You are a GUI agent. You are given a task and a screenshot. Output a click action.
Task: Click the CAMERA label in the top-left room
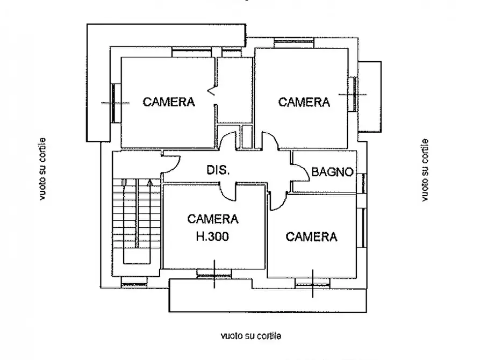(x=169, y=102)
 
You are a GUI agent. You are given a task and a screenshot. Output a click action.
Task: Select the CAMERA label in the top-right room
(x=304, y=102)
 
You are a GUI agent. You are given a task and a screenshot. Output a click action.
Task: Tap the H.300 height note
(x=213, y=236)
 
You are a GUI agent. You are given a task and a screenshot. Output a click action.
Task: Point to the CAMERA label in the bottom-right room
(x=311, y=237)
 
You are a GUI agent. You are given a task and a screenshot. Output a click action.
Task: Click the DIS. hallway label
(x=218, y=171)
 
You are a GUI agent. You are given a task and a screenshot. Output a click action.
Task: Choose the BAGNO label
(x=333, y=172)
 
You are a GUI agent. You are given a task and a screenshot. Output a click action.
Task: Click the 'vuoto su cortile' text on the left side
(x=42, y=169)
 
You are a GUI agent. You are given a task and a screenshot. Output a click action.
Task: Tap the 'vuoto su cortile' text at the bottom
(x=250, y=336)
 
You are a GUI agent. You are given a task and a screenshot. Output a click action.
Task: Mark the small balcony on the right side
(x=369, y=97)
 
